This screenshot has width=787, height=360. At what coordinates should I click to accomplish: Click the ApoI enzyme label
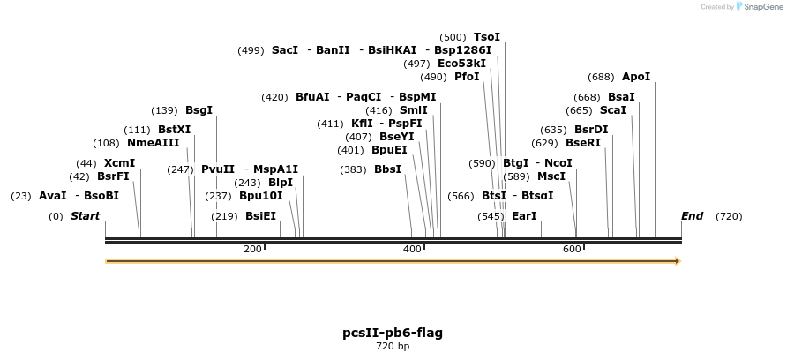635,77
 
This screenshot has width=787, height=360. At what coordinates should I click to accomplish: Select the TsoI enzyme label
487,37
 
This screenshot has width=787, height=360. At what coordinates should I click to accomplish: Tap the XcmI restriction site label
119,163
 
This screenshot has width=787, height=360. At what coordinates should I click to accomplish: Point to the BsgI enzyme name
199,110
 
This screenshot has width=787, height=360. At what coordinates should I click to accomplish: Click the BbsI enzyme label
387,169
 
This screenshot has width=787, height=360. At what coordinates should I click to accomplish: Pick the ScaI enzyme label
612,110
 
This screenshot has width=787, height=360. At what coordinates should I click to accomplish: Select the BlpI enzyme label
281,183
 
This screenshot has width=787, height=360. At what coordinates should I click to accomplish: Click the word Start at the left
85,216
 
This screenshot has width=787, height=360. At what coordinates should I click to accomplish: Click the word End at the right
692,216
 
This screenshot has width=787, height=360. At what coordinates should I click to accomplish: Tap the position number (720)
729,216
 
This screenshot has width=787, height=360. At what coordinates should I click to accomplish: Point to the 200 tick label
252,250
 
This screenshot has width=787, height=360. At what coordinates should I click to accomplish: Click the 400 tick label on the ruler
412,250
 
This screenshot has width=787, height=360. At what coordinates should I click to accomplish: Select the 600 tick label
572,250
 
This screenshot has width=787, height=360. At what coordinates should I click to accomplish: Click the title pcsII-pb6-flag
393,333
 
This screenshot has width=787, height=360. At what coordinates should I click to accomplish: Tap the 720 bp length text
393,347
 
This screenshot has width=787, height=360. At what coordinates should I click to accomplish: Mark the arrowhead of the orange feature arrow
677,261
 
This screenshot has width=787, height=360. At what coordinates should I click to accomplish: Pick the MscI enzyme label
551,176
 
